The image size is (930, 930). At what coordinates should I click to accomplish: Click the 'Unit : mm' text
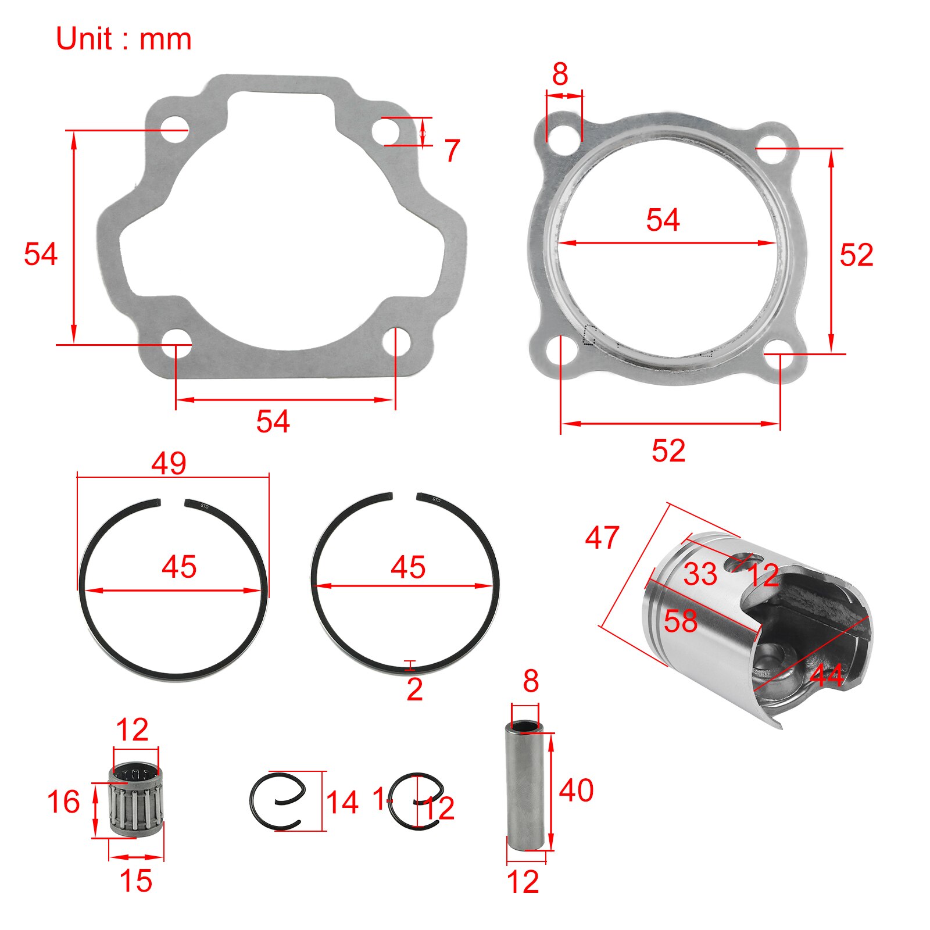[123, 40]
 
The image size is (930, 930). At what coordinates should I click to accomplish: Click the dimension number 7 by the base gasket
[452, 151]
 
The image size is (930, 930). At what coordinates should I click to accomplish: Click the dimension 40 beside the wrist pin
[576, 791]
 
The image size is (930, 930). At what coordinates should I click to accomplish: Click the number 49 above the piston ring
[169, 464]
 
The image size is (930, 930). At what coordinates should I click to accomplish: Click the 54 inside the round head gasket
[663, 220]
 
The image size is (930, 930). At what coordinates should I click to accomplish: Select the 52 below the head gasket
[668, 450]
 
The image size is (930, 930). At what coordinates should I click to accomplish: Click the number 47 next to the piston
[602, 538]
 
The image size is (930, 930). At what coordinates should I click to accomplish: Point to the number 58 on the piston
[681, 621]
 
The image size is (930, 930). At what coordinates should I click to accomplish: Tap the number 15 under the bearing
[136, 881]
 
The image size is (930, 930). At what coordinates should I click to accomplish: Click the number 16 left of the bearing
[63, 802]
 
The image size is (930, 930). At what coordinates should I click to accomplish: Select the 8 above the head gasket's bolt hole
[560, 74]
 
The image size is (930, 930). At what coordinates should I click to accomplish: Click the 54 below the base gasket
[273, 421]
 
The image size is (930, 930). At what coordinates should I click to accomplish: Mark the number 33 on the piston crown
[700, 575]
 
